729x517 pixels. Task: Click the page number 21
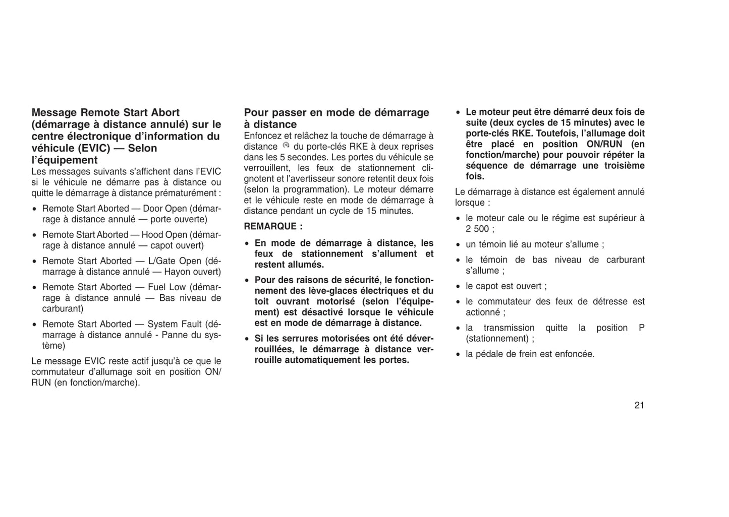pos(639,405)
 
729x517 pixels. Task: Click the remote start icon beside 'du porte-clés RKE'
pos(286,146)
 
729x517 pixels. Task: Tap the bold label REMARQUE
pos(273,226)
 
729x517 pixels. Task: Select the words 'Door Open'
pos(164,209)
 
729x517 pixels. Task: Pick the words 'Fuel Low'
pos(166,287)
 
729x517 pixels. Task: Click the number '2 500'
pos(477,229)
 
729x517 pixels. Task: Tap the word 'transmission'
pos(509,328)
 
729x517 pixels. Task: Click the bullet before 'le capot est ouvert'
pos(458,287)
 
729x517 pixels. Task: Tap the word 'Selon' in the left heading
pos(143,148)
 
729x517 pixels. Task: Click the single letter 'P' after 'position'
pos(641,328)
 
